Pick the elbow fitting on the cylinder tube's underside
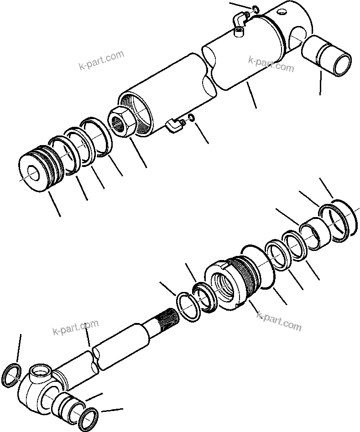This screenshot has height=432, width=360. (x=175, y=125)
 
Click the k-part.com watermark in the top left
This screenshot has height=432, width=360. (x=101, y=61)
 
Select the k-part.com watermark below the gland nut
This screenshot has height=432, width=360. (x=279, y=321)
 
